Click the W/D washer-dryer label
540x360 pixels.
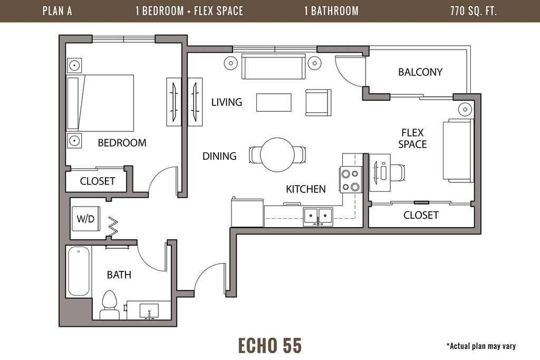[85, 219]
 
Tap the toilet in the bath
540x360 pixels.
[110, 305]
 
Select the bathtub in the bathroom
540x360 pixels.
[79, 271]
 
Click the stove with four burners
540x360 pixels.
[350, 179]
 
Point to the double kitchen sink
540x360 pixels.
[318, 217]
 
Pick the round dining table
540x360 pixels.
[277, 155]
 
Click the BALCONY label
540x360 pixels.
[420, 72]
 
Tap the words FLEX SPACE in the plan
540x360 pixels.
[412, 138]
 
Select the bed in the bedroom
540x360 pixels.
[100, 103]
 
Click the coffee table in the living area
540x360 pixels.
[274, 103]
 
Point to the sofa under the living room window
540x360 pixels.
[274, 66]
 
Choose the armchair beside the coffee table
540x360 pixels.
[318, 102]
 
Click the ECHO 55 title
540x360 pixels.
[270, 345]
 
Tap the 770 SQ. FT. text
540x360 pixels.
[474, 11]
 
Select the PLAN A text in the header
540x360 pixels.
[57, 11]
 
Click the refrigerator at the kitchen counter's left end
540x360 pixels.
[247, 212]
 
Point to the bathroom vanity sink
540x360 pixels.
[149, 311]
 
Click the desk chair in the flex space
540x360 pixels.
[397, 172]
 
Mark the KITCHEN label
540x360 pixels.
[306, 189]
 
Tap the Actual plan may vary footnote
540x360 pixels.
[481, 346]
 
